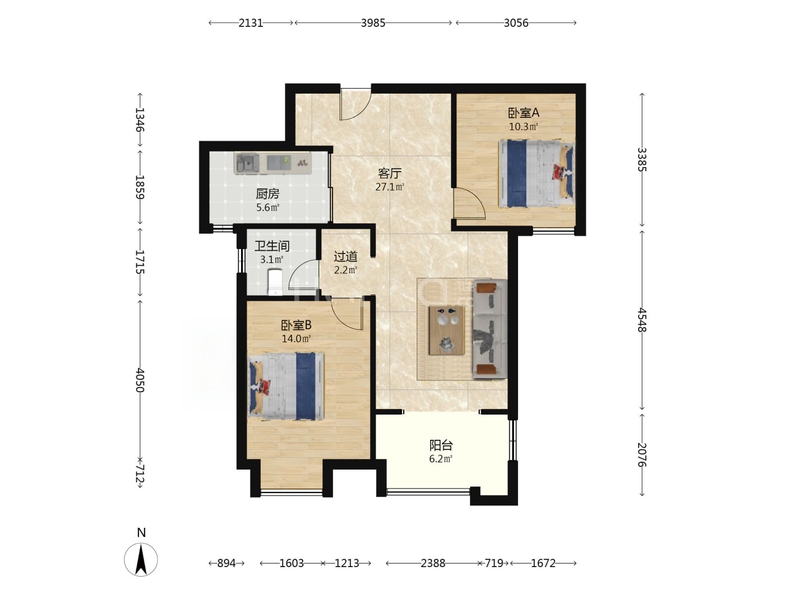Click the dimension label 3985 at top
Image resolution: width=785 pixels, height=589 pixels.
[373, 23]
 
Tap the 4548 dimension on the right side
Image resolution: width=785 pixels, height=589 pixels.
[642, 320]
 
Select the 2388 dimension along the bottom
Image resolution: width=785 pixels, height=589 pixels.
[433, 563]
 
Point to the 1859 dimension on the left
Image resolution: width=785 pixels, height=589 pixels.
[140, 187]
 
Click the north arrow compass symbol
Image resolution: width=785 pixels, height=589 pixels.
[141, 559]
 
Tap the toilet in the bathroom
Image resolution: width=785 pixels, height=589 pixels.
[275, 283]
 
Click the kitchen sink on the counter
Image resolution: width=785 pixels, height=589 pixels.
[247, 163]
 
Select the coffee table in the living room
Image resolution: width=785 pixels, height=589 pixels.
[447, 330]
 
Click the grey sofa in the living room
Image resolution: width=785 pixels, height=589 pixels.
[490, 329]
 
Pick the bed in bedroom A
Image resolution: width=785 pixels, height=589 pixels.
[537, 173]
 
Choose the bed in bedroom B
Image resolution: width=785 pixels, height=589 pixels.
[286, 386]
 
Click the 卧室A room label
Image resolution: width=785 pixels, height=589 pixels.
[523, 113]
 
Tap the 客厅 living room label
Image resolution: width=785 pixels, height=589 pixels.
[390, 174]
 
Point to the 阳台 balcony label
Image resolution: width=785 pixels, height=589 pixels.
[441, 445]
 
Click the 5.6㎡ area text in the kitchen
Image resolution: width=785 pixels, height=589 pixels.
[267, 208]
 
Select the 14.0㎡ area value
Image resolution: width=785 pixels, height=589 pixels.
[296, 338]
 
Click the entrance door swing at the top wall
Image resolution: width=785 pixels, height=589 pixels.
[355, 104]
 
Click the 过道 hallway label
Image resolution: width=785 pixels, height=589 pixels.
[345, 256]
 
